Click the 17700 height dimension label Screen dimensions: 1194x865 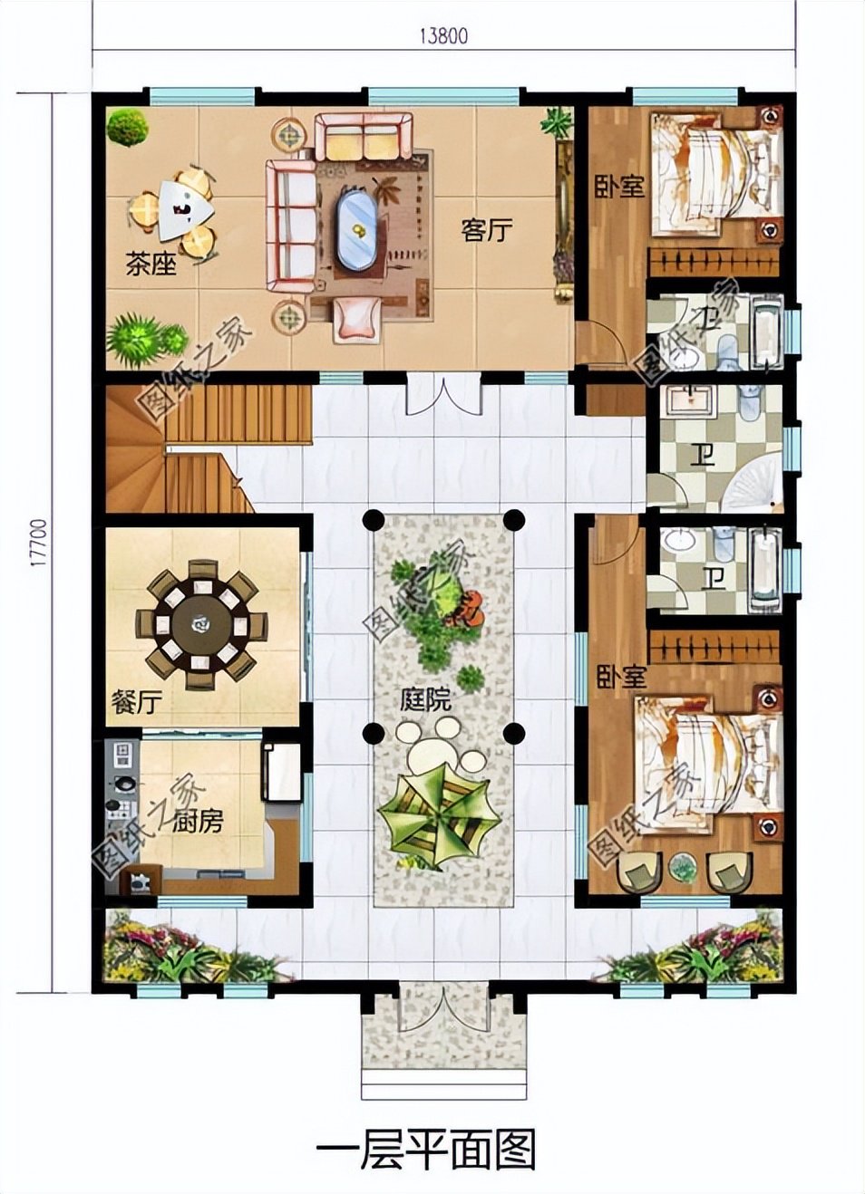(x=36, y=542)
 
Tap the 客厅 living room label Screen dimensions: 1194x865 (x=486, y=230)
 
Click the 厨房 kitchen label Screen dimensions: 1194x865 (x=197, y=821)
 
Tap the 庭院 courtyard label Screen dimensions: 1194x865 (x=425, y=699)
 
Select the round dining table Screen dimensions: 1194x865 (x=201, y=624)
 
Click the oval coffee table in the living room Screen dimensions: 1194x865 (x=357, y=228)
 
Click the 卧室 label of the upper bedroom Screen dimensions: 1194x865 (x=619, y=187)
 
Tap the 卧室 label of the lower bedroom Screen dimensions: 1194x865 (x=621, y=677)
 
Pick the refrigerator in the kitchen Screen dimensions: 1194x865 (x=282, y=772)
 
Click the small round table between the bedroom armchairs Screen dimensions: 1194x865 (x=682, y=867)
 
